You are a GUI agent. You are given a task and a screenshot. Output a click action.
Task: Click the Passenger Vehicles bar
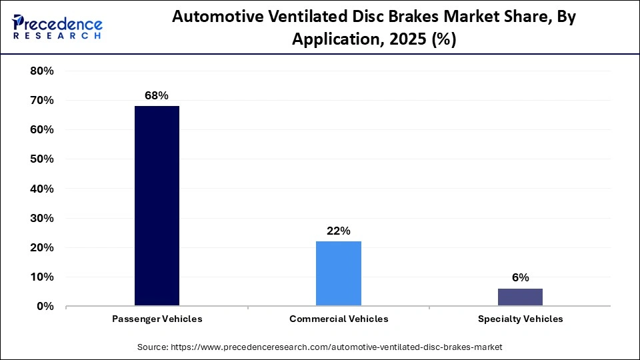[157, 206]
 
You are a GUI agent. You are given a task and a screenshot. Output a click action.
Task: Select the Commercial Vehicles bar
[339, 273]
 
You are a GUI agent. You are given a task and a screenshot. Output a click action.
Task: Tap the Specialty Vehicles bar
[520, 297]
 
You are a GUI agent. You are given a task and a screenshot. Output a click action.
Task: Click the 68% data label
[157, 95]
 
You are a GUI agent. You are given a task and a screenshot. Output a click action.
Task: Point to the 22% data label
[339, 231]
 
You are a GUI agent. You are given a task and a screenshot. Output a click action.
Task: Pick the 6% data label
[520, 277]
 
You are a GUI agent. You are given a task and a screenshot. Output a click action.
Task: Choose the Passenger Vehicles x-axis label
[157, 319]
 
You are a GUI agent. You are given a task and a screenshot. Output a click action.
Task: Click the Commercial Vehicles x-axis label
[339, 319]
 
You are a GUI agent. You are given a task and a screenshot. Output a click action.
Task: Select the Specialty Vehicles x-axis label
[520, 319]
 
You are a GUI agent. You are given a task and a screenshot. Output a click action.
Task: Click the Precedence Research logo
[57, 27]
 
